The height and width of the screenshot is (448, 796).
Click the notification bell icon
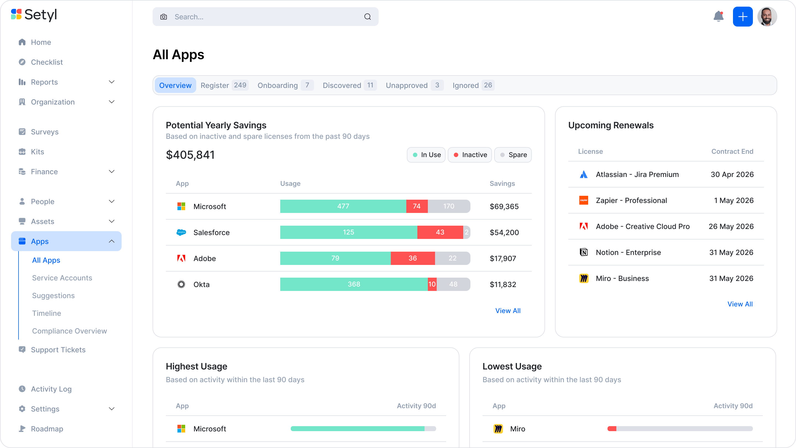tap(718, 16)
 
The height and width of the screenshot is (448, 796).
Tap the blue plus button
tap(743, 17)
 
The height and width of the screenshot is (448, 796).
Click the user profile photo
tap(767, 17)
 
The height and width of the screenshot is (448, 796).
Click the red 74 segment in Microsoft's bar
tap(417, 206)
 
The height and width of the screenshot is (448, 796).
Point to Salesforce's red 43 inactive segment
tap(440, 232)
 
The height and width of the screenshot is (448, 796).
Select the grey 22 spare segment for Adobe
tap(452, 258)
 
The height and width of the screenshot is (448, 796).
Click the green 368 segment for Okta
tap(354, 284)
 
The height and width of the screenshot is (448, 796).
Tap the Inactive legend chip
tap(470, 155)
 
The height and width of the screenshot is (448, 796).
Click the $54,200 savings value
tap(504, 233)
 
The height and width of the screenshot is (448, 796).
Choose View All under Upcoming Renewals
tap(740, 304)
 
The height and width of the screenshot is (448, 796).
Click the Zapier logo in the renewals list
tap(583, 200)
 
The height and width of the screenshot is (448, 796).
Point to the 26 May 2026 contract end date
tap(731, 226)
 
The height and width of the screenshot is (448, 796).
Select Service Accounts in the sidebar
tap(62, 278)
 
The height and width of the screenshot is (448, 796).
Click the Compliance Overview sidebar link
tap(70, 331)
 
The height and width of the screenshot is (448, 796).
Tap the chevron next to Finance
tap(112, 171)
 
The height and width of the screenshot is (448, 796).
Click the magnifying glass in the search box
tap(367, 17)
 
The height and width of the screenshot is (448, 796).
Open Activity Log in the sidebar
tap(51, 389)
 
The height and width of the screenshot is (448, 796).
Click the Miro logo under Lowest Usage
tap(498, 429)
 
